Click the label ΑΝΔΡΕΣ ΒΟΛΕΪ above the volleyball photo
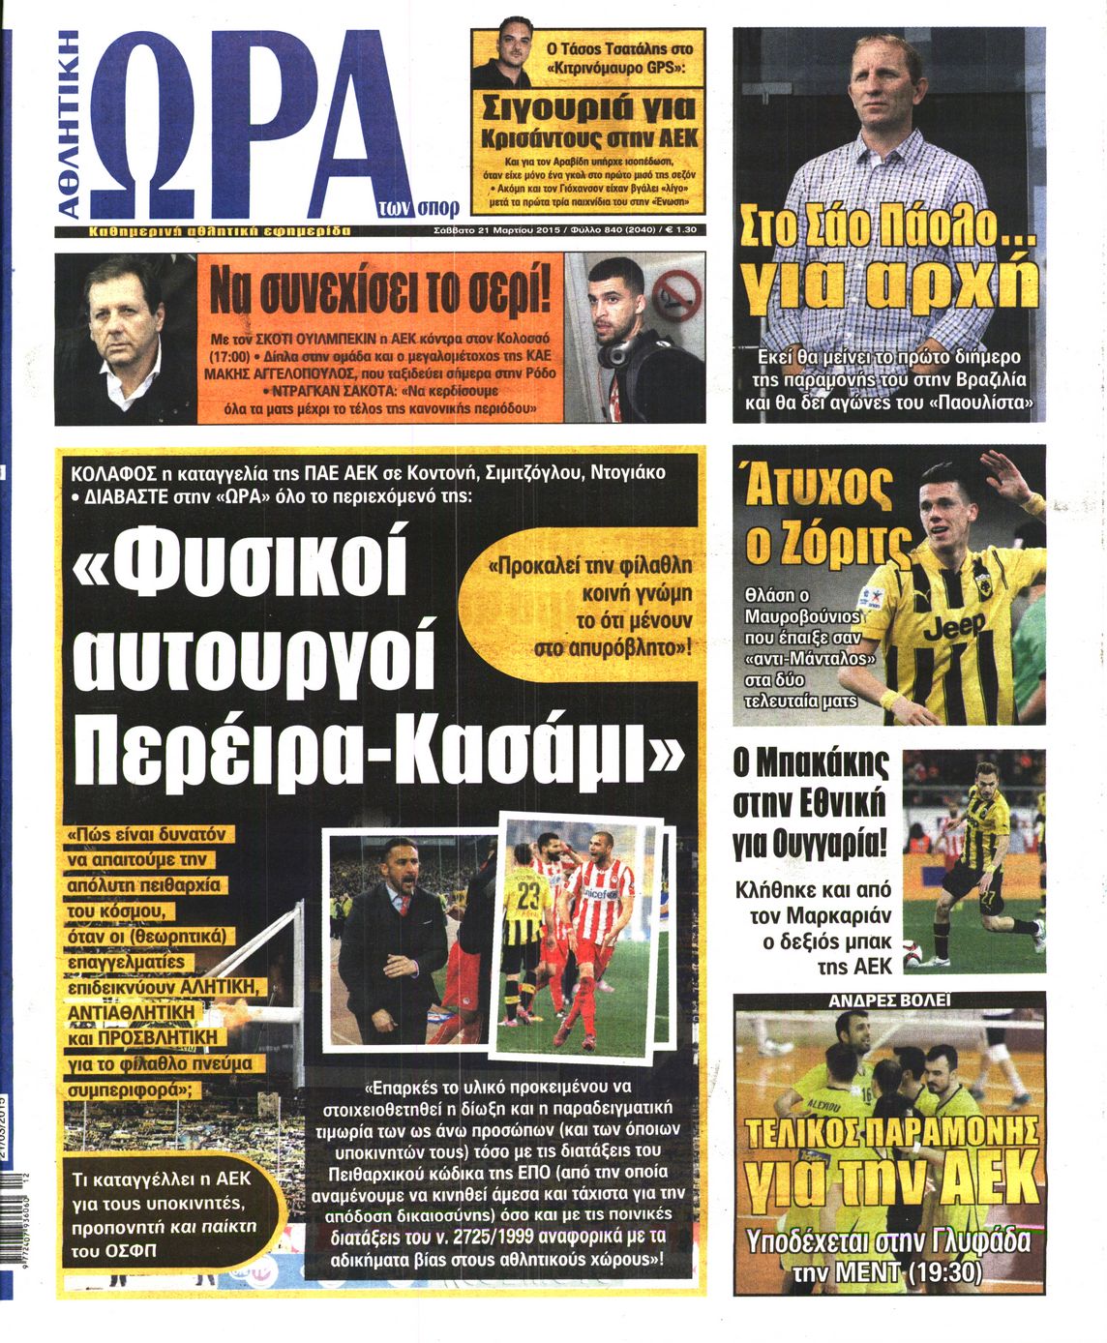tap(888, 1000)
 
